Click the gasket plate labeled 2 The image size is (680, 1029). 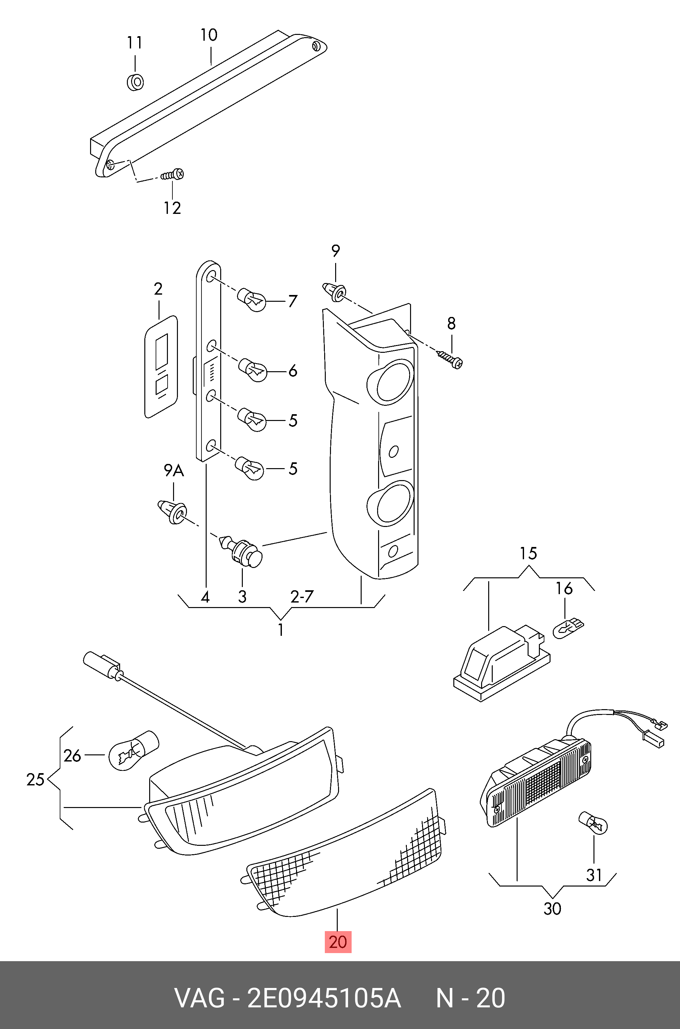tap(161, 367)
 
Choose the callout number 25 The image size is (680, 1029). tap(35, 780)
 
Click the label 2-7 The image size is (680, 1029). tap(302, 596)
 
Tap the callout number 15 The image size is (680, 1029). tap(528, 553)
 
